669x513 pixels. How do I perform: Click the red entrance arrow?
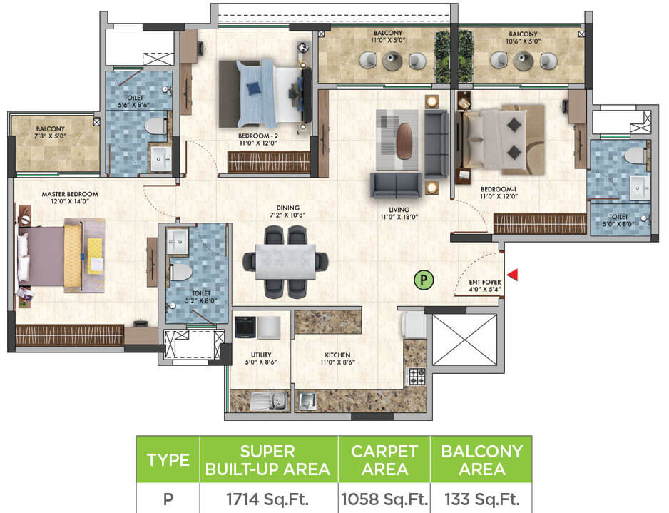pos(511,275)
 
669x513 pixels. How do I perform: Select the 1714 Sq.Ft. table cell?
pos(269,497)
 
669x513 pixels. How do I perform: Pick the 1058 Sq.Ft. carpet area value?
pos(384,497)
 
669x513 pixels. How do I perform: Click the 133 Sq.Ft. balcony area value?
pos(481,497)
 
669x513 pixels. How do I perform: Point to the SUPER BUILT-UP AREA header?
pos(269,460)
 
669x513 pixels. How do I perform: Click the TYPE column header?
pos(168,460)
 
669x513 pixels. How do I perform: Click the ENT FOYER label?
pos(484,286)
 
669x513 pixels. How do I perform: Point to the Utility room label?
pos(260,358)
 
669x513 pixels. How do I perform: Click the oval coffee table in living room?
pos(404,141)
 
